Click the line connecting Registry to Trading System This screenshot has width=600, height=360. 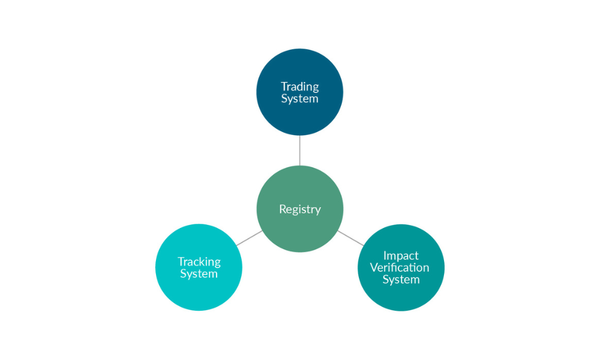pos(299,150)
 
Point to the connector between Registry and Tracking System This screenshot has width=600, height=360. pos(248,238)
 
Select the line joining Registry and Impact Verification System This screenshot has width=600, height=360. pos(350,238)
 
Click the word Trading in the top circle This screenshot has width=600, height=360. pos(299,87)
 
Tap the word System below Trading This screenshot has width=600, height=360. pos(299,99)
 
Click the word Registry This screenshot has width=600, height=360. pos(299,210)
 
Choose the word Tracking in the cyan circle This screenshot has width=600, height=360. pos(199,262)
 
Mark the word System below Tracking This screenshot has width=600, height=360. pos(199,274)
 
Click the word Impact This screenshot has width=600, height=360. pos(401,256)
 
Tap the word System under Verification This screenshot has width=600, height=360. pos(401,280)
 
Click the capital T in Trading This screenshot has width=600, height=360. pos(284,87)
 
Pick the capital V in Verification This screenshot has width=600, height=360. pos(374,268)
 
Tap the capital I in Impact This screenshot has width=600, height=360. pos(385,256)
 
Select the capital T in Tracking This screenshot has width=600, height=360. pos(181,262)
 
